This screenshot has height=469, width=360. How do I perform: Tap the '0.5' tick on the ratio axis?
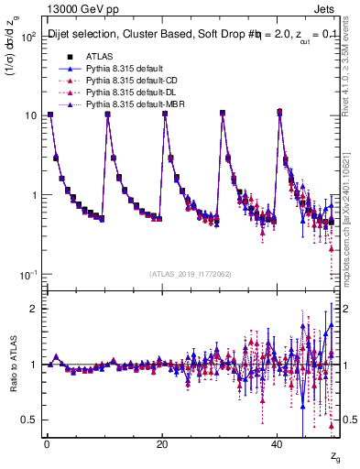(x=27, y=420)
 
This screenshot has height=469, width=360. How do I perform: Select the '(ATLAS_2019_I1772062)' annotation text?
(x=191, y=274)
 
